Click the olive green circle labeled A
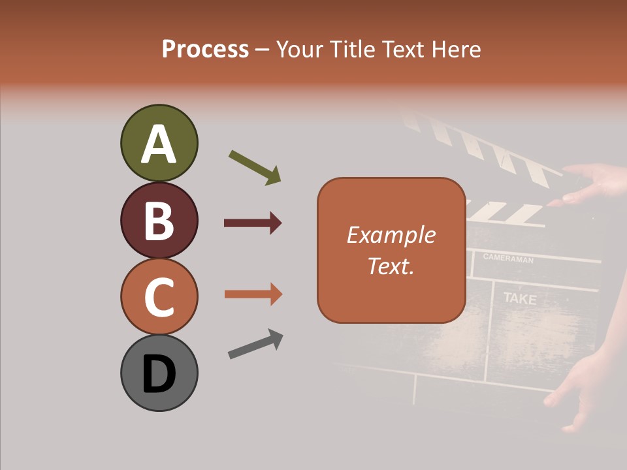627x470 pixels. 159,143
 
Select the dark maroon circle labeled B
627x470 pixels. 159,220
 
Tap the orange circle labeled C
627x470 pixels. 159,296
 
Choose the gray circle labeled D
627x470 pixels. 159,373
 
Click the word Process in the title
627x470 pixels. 205,49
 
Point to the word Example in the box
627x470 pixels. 391,235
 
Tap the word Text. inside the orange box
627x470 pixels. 391,266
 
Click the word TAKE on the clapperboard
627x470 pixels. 520,300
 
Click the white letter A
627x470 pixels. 159,144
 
